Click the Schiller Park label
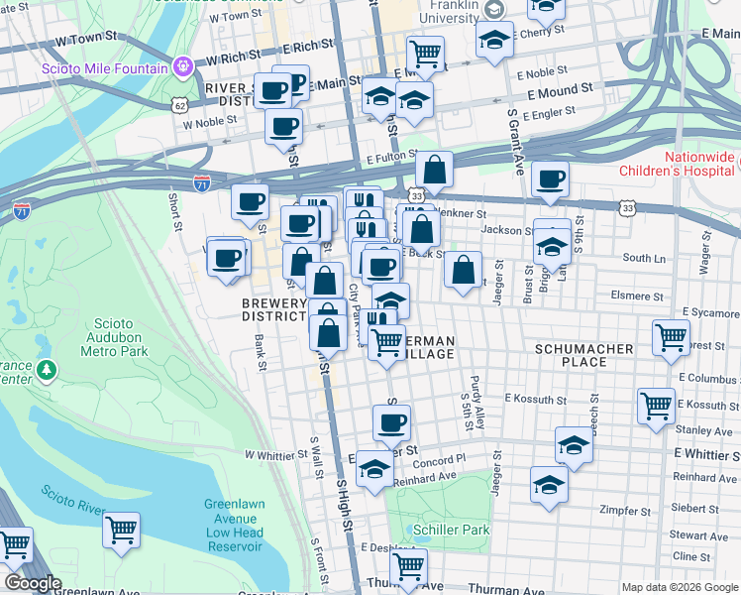pos(452,530)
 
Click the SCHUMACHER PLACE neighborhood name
pos(583,355)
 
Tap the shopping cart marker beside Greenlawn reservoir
pos(121,530)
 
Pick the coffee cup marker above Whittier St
pos(391,422)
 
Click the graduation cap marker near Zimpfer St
pos(549,484)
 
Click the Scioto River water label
pos(70,498)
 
